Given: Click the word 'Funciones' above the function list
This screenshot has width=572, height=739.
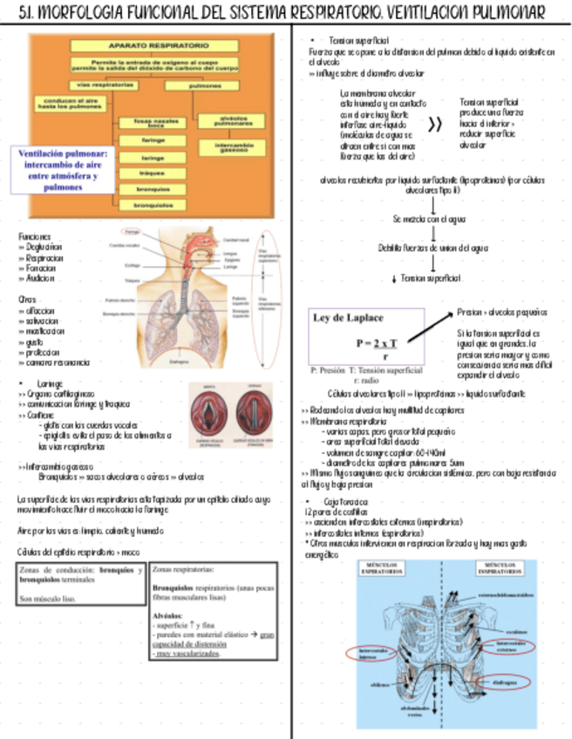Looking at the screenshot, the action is click(x=35, y=236).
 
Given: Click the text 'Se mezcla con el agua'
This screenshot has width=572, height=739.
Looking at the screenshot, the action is click(x=431, y=219).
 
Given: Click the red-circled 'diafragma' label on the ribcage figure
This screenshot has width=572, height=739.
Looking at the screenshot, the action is click(x=506, y=681).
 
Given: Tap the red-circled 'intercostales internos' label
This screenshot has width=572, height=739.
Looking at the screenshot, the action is click(x=371, y=654).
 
